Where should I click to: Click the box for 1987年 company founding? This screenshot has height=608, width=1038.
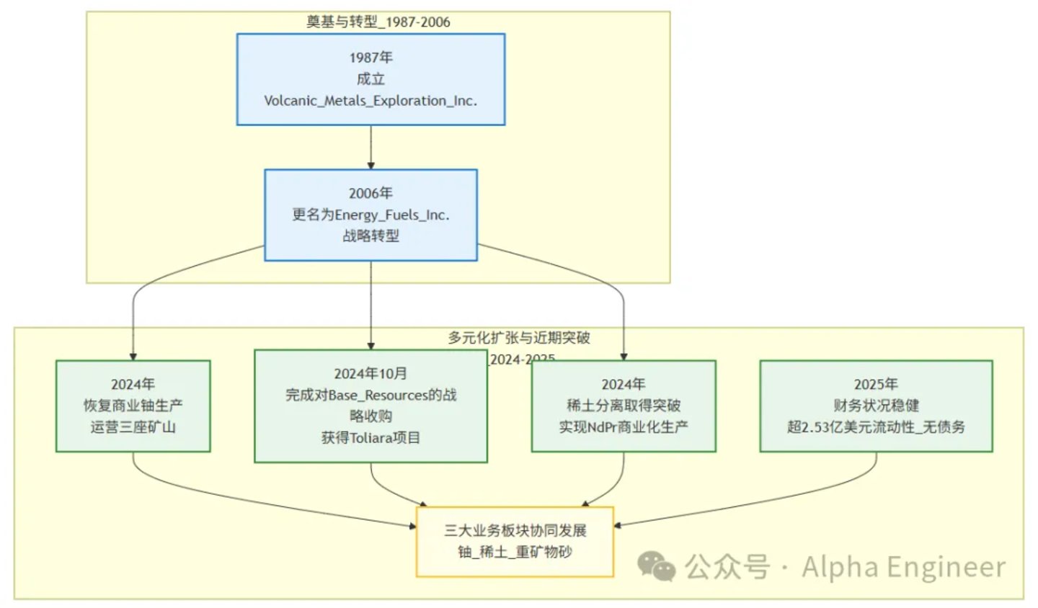pos(371,79)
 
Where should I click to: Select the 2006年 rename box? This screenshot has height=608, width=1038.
pos(371,215)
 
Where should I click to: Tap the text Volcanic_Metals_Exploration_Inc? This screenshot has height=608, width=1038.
pos(371,100)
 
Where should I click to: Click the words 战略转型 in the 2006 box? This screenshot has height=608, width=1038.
pos(371,236)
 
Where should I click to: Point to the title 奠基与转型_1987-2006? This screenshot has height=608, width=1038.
pos(378,22)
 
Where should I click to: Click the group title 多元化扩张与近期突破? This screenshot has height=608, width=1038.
pos(519,338)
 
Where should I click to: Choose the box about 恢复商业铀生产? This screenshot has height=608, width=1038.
pos(133,406)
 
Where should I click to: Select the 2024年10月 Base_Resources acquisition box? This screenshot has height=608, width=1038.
pos(371,406)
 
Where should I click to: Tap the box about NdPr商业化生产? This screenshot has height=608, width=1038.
pos(624,406)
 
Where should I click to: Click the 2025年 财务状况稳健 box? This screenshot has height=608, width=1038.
pos(876,406)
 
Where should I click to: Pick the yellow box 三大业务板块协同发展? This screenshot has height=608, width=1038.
pos(515,542)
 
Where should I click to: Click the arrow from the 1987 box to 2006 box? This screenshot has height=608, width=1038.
pos(371,147)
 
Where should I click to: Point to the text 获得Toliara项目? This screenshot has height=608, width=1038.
pos(371,437)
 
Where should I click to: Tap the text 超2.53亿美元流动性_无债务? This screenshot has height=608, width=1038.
pos(876,427)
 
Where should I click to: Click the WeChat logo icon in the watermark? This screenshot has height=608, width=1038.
pos(656,566)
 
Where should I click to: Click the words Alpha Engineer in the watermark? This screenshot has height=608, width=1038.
pos(904,567)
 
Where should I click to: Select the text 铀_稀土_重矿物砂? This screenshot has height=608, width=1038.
pos(515,552)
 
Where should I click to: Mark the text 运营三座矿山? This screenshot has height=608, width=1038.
pos(133,427)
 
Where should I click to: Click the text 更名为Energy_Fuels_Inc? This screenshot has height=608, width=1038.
pos(371,215)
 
